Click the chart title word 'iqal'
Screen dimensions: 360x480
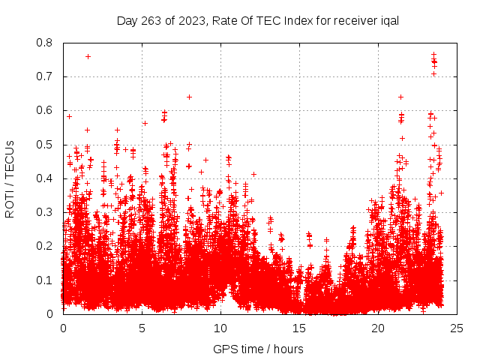(x=388, y=20)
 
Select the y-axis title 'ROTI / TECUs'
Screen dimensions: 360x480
(x=10, y=178)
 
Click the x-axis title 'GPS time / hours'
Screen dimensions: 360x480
(x=258, y=349)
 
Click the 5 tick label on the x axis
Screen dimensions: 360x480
(x=142, y=328)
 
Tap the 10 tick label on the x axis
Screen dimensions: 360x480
(x=220, y=328)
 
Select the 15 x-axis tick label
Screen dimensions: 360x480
(x=299, y=328)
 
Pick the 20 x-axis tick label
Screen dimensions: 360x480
(x=378, y=328)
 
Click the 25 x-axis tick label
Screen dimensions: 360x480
(x=457, y=328)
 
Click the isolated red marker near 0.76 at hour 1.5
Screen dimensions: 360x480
(x=88, y=56)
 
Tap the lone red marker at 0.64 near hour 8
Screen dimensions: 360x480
(x=189, y=97)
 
